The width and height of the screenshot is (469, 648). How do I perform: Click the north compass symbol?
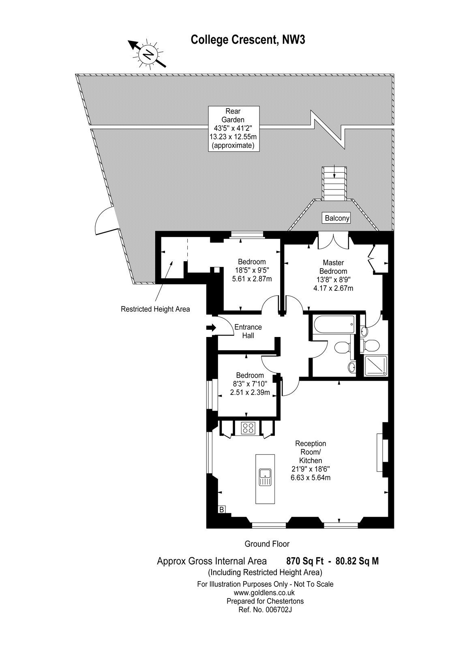coord(148,54)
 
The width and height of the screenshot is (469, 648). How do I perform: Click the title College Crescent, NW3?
coord(248,40)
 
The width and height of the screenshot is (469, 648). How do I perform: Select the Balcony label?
coord(337,218)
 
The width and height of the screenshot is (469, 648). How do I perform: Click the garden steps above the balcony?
coord(334,183)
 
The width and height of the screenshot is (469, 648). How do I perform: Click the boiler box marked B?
coord(221,509)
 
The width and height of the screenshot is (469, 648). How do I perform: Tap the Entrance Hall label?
coord(248,331)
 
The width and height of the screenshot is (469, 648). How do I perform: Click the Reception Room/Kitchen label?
coord(311,460)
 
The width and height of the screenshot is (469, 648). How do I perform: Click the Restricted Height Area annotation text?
coord(155,309)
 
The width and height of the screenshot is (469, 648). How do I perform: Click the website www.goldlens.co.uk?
coord(265,592)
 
